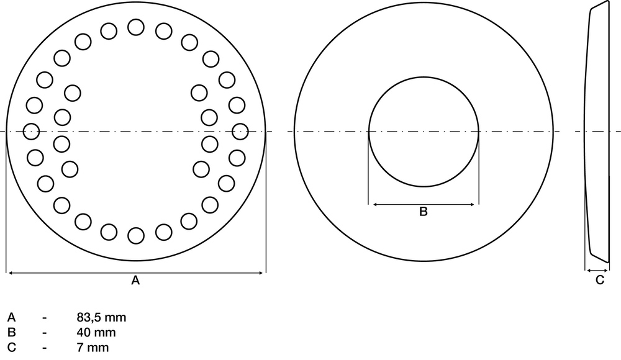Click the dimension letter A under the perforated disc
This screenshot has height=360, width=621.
[135, 281]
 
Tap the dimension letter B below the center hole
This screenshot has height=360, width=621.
[424, 212]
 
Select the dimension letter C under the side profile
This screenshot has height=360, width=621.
[600, 281]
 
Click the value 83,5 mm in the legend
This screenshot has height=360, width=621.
[101, 318]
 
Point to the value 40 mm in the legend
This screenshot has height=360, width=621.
[96, 333]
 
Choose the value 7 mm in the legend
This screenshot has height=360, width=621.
[93, 348]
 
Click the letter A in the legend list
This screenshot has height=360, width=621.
[11, 318]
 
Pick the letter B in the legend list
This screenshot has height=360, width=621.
[11, 333]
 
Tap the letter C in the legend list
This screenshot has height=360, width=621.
[11, 348]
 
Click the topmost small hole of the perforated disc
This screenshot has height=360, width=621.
[136, 27]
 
